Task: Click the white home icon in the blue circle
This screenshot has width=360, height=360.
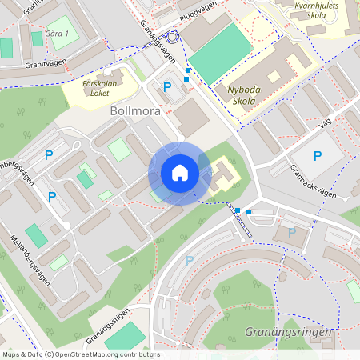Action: coord(180,173)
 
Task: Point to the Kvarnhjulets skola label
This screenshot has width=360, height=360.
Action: coord(323,10)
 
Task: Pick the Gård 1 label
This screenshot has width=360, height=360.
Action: coord(57,34)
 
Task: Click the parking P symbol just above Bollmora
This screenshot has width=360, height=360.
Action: coord(167,87)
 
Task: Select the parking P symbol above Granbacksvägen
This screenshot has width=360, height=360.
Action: coord(318,156)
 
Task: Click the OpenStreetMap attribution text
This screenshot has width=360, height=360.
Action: coord(80,354)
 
